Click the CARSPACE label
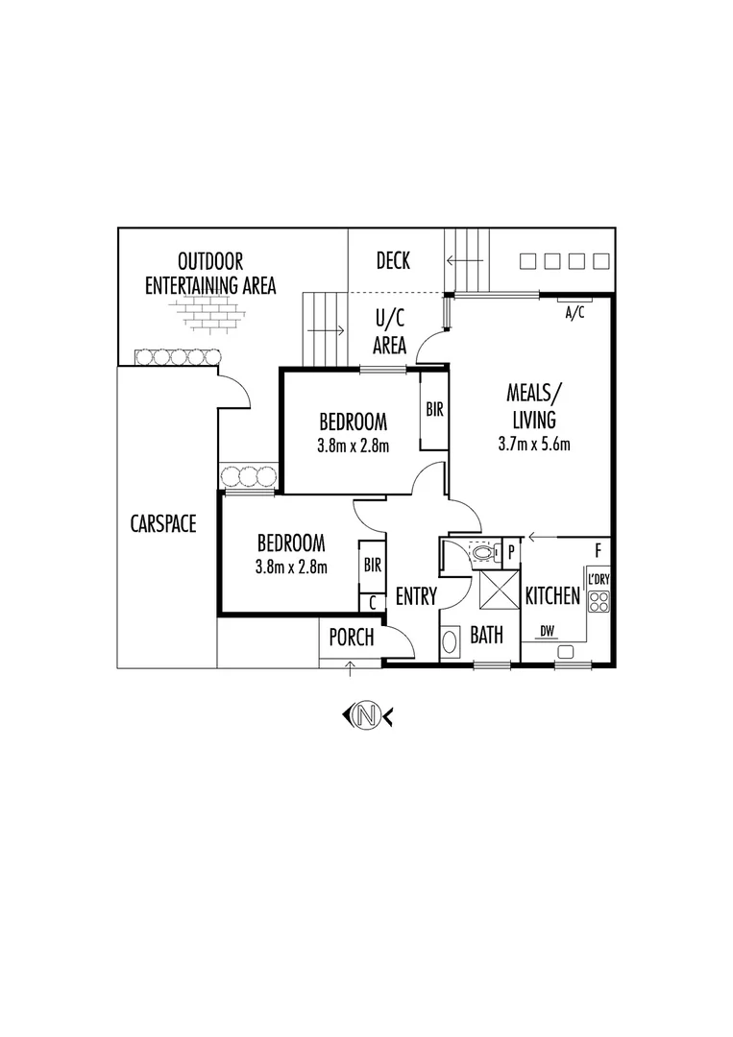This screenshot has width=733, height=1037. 163,524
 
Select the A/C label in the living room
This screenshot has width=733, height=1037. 574,313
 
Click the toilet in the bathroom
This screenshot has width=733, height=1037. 485,551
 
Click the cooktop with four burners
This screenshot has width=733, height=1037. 599,601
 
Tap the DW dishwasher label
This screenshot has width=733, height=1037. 547,632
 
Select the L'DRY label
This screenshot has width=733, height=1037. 599,579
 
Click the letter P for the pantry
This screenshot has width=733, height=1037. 511,551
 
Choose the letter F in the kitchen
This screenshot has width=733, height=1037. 599,549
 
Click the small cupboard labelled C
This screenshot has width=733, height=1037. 373,603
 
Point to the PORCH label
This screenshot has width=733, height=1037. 352,638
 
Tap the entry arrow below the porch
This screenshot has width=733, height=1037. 351,668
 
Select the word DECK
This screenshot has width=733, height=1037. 393,260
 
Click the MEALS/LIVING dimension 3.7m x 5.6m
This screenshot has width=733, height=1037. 534,444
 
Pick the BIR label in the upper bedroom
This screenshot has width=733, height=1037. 434,410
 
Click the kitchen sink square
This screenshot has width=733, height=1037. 565,652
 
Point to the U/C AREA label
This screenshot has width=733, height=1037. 390,332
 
